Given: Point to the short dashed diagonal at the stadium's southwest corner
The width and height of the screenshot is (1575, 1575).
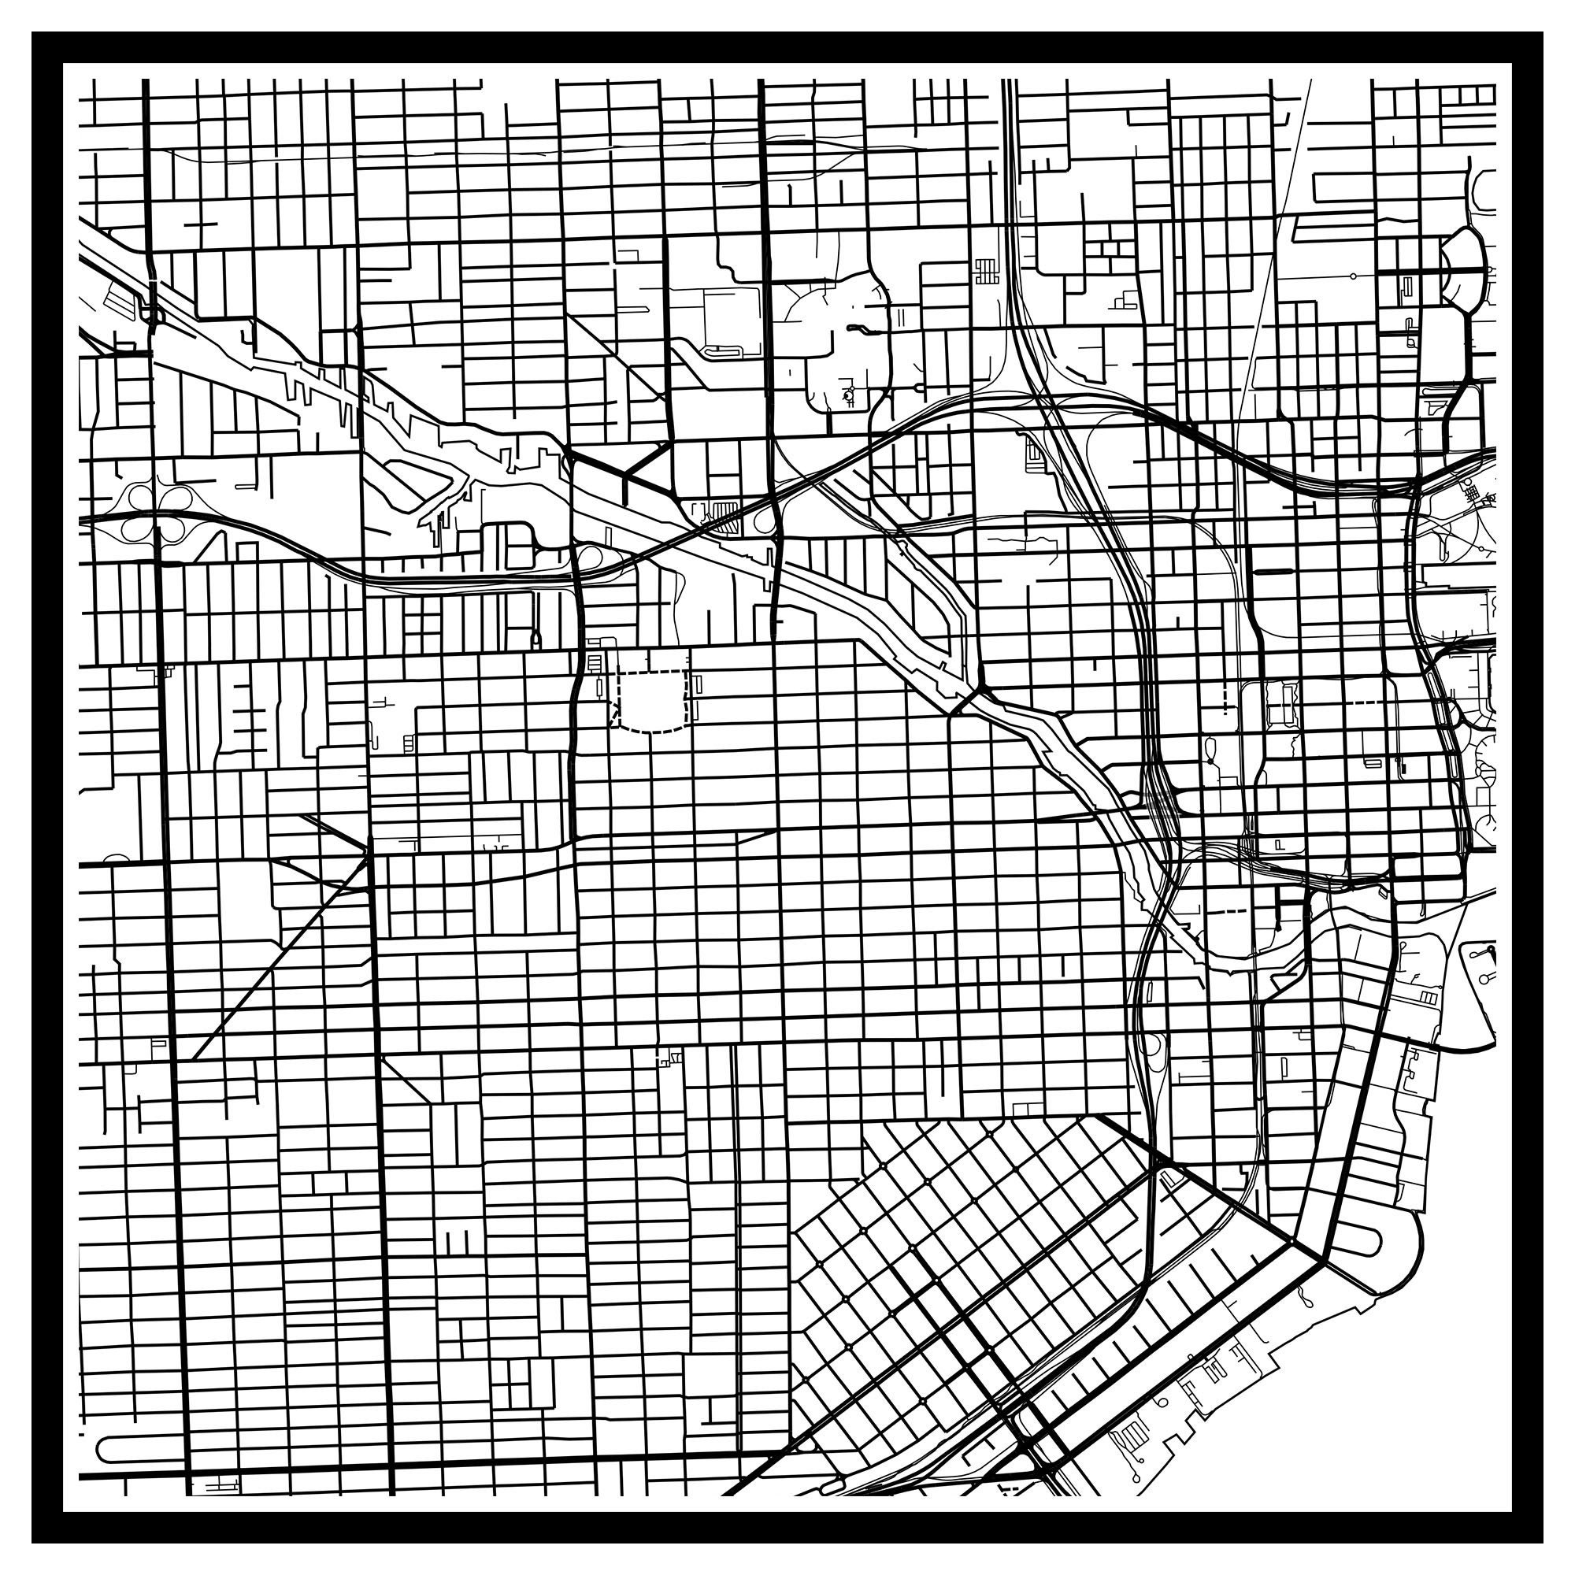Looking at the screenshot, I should pyautogui.click(x=616, y=717).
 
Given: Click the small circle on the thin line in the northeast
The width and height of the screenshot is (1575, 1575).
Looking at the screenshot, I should pyautogui.click(x=1353, y=276).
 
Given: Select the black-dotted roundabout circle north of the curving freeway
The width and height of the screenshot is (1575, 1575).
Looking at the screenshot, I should pyautogui.click(x=849, y=395).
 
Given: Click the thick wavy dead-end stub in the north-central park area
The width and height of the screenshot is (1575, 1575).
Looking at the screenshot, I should pyautogui.click(x=855, y=328).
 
